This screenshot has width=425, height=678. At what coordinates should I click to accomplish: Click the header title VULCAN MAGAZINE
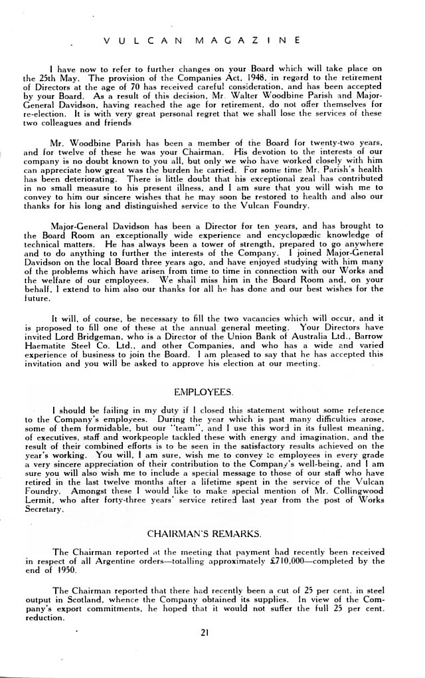tap(204, 40)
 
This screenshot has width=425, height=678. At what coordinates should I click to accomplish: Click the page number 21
tap(204, 633)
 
